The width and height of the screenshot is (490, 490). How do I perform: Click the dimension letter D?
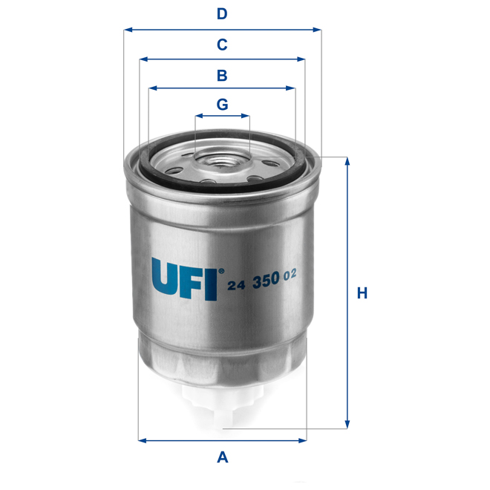tap(221, 13)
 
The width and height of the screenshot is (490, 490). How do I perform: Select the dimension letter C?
tap(221, 45)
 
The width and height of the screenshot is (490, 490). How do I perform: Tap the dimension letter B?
tap(221, 75)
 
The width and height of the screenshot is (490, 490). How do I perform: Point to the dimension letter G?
tap(222, 105)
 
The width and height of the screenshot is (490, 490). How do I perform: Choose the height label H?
tap(362, 293)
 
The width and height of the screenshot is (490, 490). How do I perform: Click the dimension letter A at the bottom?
tap(221, 458)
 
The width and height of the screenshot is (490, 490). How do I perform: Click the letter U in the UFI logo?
tap(167, 278)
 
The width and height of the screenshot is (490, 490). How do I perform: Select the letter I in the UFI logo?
tap(212, 280)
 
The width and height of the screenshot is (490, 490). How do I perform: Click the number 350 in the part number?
tap(266, 279)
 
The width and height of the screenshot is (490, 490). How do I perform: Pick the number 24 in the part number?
tap(237, 281)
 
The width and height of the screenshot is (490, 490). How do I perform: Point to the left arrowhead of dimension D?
tap(128, 30)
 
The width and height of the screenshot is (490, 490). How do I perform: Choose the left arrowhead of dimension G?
tap(198, 117)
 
